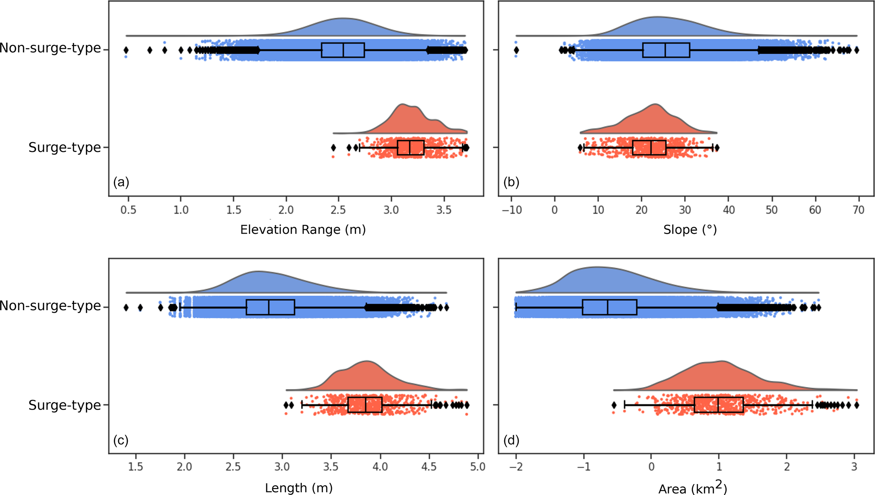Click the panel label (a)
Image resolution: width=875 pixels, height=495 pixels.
tap(121, 182)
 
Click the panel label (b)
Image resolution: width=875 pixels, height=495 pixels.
tap(511, 182)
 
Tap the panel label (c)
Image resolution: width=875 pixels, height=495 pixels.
tap(121, 440)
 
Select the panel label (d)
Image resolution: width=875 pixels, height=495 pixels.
tap(511, 440)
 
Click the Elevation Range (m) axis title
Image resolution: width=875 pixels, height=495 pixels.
tap(303, 230)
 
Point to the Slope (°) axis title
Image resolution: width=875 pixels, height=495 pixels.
tap(690, 230)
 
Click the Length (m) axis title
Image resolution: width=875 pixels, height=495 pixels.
tap(298, 488)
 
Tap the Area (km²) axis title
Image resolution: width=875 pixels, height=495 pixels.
tap(692, 488)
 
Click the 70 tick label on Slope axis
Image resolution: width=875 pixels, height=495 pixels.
tap(858, 210)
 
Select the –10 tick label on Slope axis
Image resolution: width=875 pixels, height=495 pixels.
tap(512, 210)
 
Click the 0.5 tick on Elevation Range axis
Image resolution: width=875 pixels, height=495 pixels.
tap(128, 210)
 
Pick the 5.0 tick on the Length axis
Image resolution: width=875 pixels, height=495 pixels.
tap(478, 467)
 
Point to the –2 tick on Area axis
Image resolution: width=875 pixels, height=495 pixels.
tap(516, 467)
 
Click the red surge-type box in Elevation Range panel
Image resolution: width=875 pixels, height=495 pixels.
tap(411, 148)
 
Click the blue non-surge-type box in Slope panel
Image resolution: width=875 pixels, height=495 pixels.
tap(666, 50)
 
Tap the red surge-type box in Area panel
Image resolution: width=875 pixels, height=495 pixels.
tap(718, 405)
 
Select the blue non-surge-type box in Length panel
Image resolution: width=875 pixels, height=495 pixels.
tap(270, 307)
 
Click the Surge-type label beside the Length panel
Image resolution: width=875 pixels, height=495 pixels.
tap(65, 405)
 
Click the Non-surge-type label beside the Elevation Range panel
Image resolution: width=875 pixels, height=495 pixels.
tap(50, 48)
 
